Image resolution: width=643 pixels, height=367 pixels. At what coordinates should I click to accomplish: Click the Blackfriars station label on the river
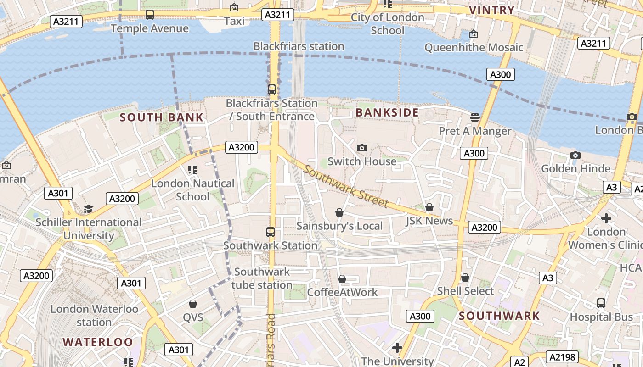click(299, 46)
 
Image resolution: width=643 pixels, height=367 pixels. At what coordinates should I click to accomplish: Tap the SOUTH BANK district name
click(161, 117)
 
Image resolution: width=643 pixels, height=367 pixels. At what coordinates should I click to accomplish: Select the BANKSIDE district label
click(387, 113)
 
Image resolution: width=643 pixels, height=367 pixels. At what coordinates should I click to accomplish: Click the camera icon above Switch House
click(362, 148)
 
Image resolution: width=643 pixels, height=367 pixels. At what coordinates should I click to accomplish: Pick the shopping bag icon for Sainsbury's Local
click(339, 212)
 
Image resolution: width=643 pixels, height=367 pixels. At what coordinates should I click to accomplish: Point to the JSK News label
click(429, 221)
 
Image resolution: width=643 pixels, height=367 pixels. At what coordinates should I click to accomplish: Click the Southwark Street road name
click(346, 188)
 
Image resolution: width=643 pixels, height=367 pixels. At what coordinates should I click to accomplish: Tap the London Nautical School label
click(192, 190)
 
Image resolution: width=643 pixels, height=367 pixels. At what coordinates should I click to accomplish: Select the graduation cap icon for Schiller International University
click(88, 209)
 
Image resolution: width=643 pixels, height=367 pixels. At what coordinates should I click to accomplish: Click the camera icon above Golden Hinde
click(575, 155)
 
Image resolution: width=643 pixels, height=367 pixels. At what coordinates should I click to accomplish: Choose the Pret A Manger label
click(475, 131)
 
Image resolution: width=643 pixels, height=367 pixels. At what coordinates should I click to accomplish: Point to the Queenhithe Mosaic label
click(474, 48)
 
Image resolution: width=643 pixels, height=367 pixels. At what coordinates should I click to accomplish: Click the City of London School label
click(387, 24)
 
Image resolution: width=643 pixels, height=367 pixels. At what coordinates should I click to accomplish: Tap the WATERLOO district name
click(97, 342)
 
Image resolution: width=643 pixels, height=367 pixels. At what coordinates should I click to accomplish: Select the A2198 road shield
click(562, 357)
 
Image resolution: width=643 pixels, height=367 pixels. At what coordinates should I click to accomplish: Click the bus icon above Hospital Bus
click(601, 303)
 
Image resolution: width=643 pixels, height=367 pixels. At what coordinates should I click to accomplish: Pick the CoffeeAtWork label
click(342, 292)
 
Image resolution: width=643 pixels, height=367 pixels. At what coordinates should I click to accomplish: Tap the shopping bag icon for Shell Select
click(465, 278)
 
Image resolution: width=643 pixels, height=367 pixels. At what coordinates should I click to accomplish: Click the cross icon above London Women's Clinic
click(606, 218)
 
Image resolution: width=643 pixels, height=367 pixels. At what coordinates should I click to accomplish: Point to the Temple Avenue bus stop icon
click(150, 15)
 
